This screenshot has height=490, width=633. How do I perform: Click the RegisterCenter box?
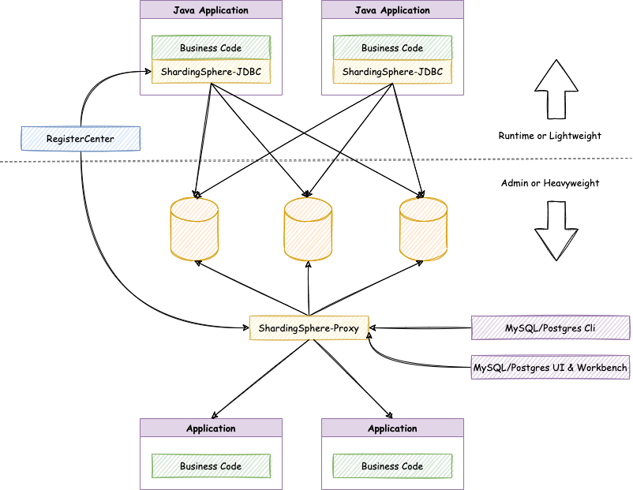(x=81, y=138)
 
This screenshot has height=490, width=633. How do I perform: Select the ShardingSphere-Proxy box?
(x=309, y=327)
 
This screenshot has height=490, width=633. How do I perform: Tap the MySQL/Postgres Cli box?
(x=550, y=327)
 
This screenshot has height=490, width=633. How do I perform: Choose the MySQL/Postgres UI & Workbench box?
(x=550, y=367)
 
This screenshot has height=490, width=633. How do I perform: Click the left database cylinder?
(x=195, y=229)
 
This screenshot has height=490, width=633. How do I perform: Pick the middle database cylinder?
(x=308, y=229)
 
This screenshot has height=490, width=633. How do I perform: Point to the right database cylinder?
(x=424, y=229)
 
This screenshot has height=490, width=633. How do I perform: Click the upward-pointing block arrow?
(x=556, y=89)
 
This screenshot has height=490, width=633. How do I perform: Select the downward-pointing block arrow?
(x=556, y=231)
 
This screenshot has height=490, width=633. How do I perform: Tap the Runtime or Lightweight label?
(x=550, y=136)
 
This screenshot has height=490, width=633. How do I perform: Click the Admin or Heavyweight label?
(x=550, y=183)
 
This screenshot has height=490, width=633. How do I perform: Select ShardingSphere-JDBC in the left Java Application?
(x=212, y=72)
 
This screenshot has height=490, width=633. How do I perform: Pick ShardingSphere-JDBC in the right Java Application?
(x=392, y=72)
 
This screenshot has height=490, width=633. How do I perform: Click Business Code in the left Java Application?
(x=212, y=47)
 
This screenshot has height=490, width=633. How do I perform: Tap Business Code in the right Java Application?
(x=392, y=47)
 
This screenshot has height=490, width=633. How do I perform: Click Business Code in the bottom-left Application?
(x=212, y=466)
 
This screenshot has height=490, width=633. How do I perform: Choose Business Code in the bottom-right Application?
(x=392, y=466)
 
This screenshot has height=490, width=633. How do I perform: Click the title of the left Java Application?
(x=211, y=10)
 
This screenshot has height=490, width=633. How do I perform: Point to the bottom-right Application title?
(x=392, y=428)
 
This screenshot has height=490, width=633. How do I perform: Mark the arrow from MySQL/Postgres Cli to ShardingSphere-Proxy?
(x=420, y=327)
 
